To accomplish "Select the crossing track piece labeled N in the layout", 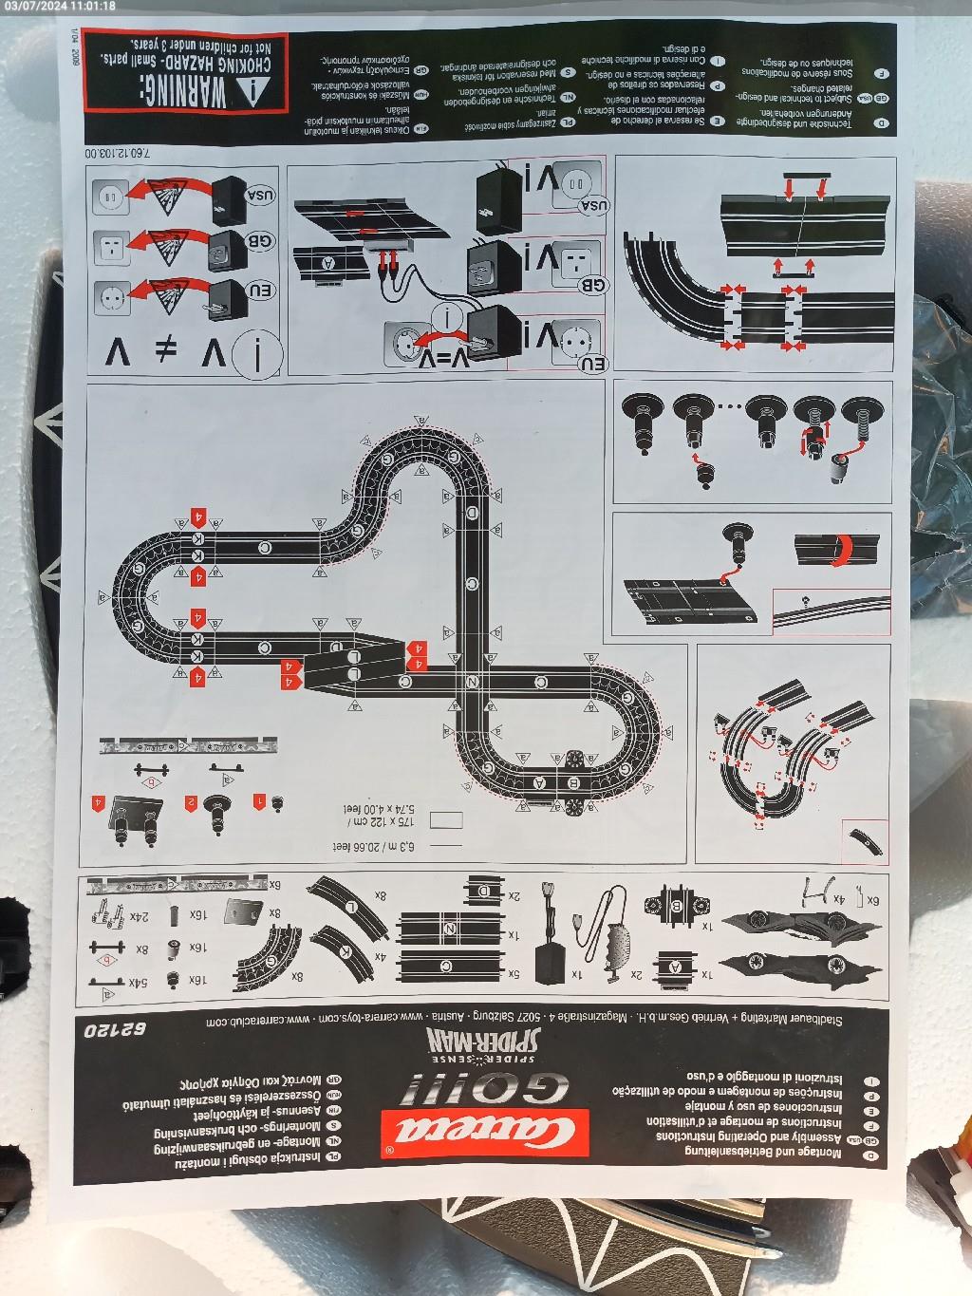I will point(473,681).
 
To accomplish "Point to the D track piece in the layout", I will point(472,513).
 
